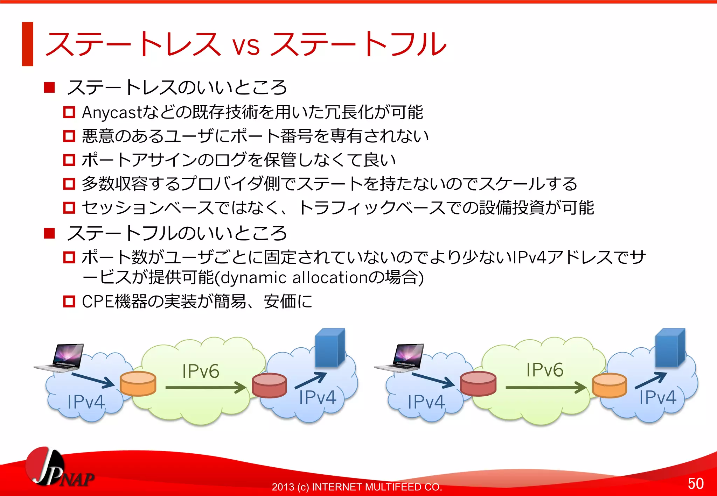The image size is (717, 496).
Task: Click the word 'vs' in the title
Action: pyautogui.click(x=246, y=46)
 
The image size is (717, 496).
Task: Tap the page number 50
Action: pyautogui.click(x=695, y=483)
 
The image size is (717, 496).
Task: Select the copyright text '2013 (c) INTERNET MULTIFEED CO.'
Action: pyautogui.click(x=357, y=487)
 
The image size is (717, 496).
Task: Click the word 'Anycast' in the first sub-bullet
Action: pyautogui.click(x=111, y=113)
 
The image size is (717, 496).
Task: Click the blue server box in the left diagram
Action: pyautogui.click(x=329, y=348)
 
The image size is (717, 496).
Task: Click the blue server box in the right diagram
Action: pyautogui.click(x=670, y=348)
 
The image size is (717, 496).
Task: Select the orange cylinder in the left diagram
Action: pyautogui.click(x=138, y=383)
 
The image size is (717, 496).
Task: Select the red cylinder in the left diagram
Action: pyautogui.click(x=269, y=385)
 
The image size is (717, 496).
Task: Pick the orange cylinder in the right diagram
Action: pyautogui.click(x=609, y=385)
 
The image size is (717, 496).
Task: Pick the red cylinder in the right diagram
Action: pyautogui.click(x=478, y=383)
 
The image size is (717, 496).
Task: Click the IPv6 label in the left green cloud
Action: pyautogui.click(x=201, y=371)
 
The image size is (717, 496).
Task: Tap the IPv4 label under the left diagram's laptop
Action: pyautogui.click(x=86, y=402)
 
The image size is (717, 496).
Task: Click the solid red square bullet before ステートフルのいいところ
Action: pyautogui.click(x=49, y=233)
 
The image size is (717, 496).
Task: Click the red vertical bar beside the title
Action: pyautogui.click(x=28, y=44)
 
